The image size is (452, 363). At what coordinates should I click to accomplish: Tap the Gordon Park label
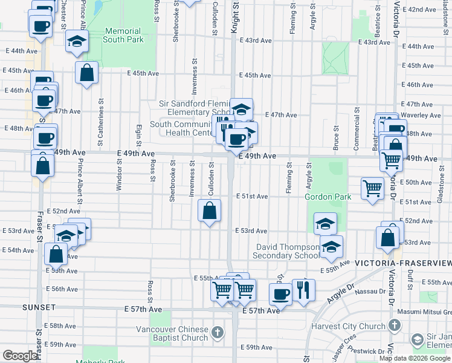coord(328,197)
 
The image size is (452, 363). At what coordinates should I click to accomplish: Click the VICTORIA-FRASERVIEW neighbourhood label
coord(403,263)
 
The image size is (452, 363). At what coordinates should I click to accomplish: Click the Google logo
coord(20,356)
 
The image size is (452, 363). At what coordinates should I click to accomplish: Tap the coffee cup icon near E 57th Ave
coord(280,295)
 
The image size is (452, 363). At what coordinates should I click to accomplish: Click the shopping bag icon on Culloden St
coord(209,211)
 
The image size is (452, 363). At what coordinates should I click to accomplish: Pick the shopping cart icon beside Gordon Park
coord(372,188)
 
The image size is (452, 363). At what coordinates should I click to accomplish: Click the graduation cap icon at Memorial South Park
coord(77,41)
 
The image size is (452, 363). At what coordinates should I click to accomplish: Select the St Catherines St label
coord(100,131)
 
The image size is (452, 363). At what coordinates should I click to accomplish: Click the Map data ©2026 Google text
coord(415,358)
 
